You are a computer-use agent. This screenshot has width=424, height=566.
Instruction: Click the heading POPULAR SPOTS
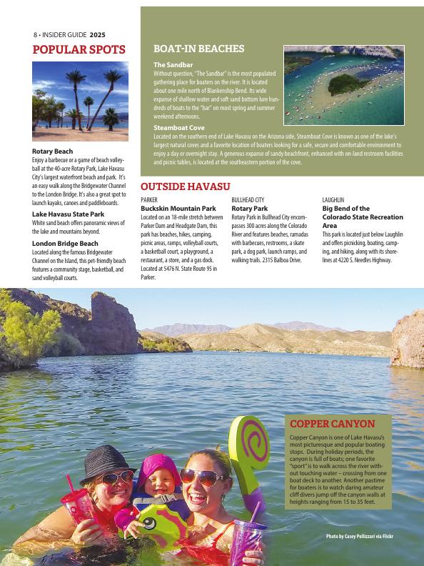click(79, 50)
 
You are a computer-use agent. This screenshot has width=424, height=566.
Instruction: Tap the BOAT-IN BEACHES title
click(199, 49)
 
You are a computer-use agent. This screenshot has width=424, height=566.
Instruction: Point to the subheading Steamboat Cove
click(179, 128)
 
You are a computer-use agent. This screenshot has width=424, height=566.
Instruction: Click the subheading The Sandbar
click(173, 65)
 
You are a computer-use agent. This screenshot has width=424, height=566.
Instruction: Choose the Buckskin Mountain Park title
click(178, 208)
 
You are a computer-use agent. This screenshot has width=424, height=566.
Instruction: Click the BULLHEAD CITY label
click(248, 200)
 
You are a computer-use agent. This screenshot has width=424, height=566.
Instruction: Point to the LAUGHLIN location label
click(333, 200)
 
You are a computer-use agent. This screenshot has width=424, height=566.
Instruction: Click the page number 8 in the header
click(34, 34)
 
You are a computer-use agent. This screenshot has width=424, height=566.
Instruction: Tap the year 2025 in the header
click(99, 34)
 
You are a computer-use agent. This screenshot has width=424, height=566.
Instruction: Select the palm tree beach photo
click(81, 101)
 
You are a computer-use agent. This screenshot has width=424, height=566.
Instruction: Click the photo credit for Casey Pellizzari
click(359, 536)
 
